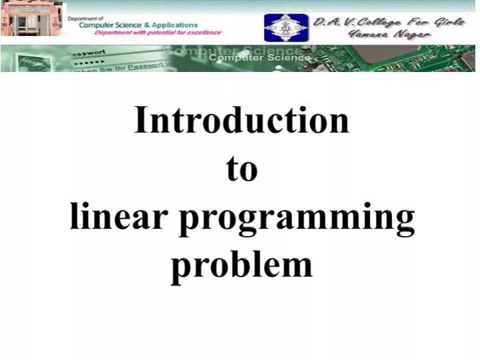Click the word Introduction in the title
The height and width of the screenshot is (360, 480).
[241, 121]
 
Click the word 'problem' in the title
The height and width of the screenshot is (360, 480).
[241, 265]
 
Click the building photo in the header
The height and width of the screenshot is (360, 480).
[33, 19]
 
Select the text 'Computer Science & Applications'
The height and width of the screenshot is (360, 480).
[139, 25]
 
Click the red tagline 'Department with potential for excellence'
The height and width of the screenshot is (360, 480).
[158, 33]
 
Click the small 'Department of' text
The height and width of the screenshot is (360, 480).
[85, 18]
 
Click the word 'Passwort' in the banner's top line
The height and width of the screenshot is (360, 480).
[88, 52]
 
